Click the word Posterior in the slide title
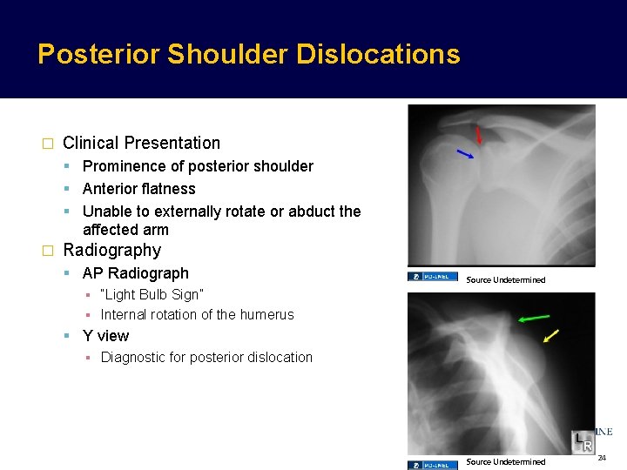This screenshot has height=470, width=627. (x=98, y=54)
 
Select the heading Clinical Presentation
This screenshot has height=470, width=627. (x=141, y=143)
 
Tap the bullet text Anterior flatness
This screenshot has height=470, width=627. (x=138, y=189)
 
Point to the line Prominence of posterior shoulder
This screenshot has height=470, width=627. (x=198, y=166)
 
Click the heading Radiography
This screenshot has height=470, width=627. (x=111, y=251)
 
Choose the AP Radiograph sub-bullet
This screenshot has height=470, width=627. (x=135, y=273)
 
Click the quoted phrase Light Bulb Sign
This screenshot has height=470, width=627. (x=152, y=294)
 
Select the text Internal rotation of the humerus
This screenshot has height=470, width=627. (x=197, y=315)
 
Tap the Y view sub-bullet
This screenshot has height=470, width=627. (x=105, y=336)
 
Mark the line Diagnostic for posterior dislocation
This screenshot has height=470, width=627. (x=206, y=357)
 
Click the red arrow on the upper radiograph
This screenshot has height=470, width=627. (x=478, y=135)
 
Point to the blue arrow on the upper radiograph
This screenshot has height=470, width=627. (x=466, y=154)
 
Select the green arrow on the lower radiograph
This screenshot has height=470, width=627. (x=533, y=318)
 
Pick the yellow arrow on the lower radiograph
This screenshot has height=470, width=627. (x=550, y=336)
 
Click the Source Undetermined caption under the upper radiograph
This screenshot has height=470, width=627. (x=506, y=280)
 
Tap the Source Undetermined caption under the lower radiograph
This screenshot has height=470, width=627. (x=506, y=461)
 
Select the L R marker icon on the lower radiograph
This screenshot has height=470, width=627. (x=583, y=442)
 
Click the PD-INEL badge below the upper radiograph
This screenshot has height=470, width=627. (x=433, y=278)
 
